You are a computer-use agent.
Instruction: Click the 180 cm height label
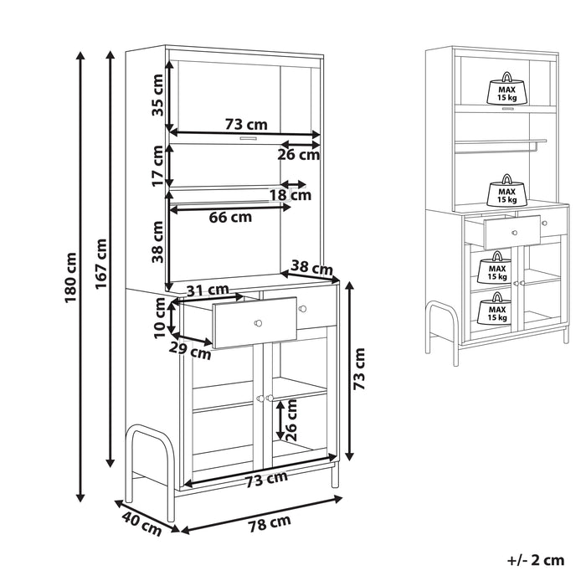(x=71, y=278)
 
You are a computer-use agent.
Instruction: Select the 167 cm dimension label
(x=101, y=264)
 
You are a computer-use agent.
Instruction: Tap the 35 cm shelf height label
(x=157, y=95)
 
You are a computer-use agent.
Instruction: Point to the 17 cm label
(x=157, y=166)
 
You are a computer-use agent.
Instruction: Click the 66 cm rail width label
(x=230, y=217)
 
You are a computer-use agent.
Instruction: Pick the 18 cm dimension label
(x=290, y=195)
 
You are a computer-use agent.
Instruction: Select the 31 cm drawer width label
(x=208, y=290)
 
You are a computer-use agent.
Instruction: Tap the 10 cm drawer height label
(x=160, y=318)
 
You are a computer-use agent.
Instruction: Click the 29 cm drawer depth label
(x=190, y=351)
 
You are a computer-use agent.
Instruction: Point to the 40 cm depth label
(x=141, y=524)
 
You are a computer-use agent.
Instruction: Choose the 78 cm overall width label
(x=270, y=523)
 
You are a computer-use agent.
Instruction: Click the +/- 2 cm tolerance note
(x=536, y=560)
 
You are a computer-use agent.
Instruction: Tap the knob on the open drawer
(x=258, y=323)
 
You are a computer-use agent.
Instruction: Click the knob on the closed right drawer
(x=303, y=309)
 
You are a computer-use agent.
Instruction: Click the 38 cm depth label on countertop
(x=311, y=268)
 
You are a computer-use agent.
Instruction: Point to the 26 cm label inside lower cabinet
(x=290, y=420)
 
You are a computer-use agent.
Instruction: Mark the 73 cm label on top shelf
(x=246, y=124)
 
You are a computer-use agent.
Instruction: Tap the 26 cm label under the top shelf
(x=299, y=154)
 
